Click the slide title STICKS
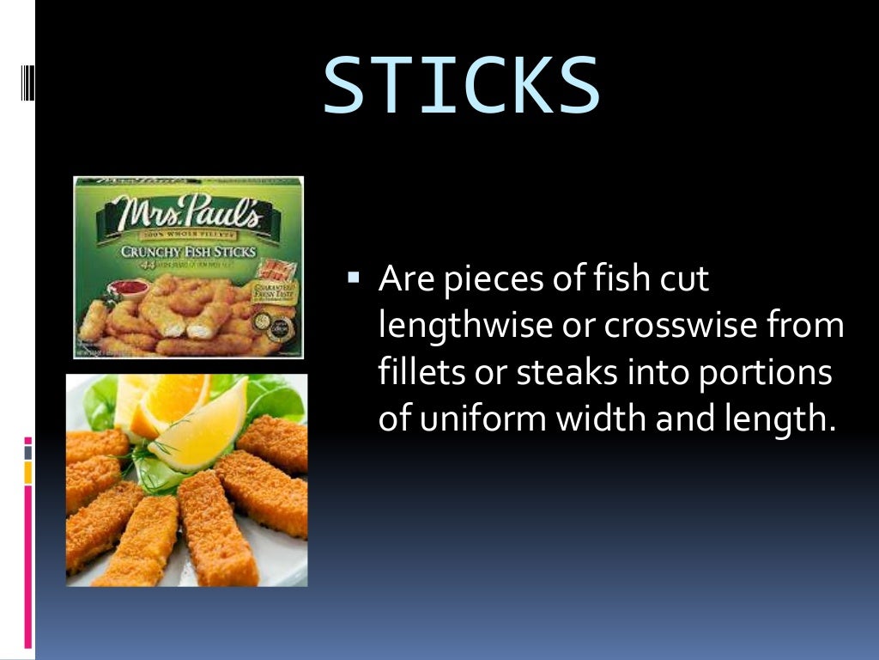pyautogui.click(x=461, y=86)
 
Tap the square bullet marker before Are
pyautogui.click(x=353, y=277)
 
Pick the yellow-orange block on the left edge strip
pyautogui.click(x=28, y=472)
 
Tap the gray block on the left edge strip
pyautogui.click(x=28, y=451)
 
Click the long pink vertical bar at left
pyautogui.click(x=28, y=567)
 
